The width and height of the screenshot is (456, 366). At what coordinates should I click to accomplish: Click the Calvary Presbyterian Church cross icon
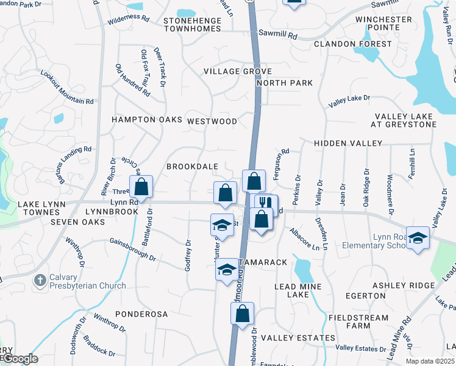point(40,281)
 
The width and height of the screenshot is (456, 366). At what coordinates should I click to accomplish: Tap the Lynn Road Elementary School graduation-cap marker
point(418,239)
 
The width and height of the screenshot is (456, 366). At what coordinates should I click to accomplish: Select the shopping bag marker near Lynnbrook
point(141,188)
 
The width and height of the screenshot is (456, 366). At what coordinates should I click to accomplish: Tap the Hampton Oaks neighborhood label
point(147,120)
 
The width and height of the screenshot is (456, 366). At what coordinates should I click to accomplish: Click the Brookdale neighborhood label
point(193,167)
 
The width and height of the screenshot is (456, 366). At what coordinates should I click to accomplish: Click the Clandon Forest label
point(353,44)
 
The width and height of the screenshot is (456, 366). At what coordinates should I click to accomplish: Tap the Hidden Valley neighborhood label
point(347,143)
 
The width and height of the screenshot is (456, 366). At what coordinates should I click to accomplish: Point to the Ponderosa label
point(143,314)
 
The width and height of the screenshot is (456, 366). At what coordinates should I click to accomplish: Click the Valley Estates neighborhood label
point(298,337)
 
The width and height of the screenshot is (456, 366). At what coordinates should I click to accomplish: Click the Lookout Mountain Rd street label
point(66,88)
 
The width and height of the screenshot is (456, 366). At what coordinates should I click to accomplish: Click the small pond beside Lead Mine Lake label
point(303,268)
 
